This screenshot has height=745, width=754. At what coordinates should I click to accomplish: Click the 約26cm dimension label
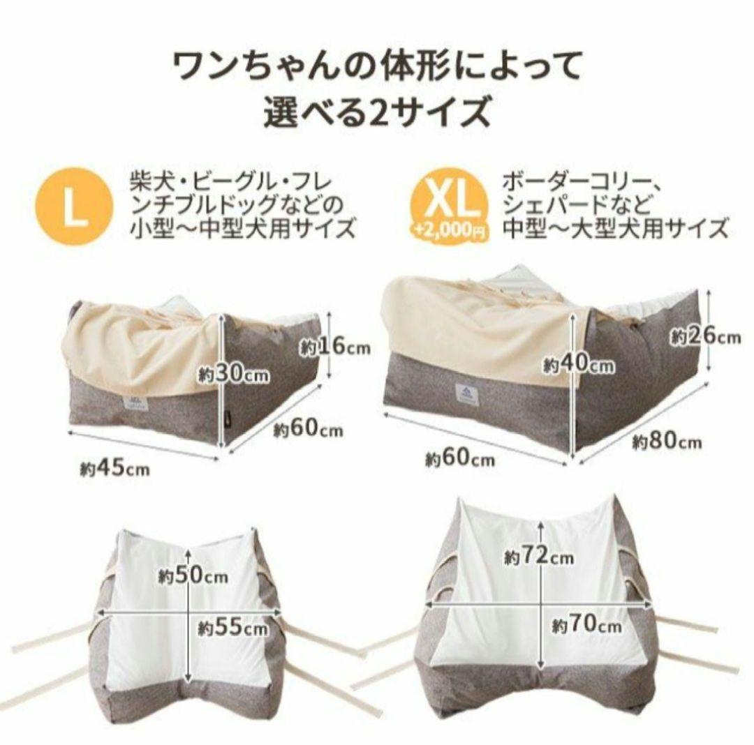(704, 336)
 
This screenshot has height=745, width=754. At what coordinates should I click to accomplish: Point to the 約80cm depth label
(667, 442)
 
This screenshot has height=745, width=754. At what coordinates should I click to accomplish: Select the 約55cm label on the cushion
(232, 626)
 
